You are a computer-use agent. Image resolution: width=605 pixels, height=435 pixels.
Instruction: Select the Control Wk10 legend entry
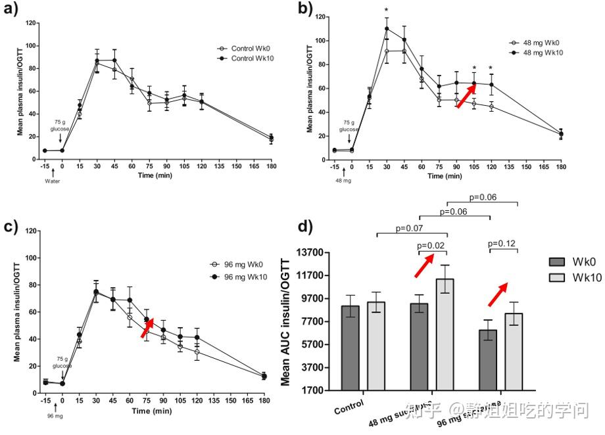[x=247, y=58]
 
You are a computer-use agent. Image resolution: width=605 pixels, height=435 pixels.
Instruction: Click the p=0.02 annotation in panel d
[x=431, y=246]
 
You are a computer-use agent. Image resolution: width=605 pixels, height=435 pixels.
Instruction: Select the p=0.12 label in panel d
[x=502, y=243]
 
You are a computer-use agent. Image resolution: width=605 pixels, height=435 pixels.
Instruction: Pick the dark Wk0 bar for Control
[x=351, y=348]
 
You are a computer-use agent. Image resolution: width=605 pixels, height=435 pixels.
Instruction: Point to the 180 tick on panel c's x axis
[x=264, y=400]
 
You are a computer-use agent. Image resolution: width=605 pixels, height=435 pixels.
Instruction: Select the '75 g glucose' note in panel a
[x=60, y=127]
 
